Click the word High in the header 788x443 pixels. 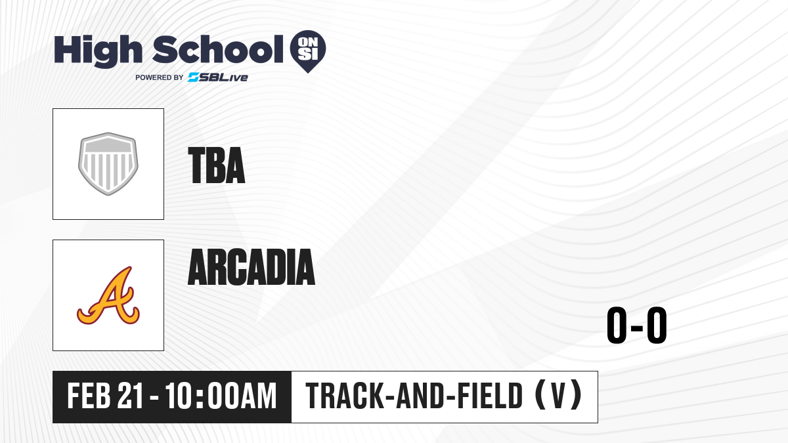click(x=98, y=51)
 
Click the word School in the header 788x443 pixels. click(x=218, y=49)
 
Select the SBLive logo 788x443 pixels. click(x=218, y=77)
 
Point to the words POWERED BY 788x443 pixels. click(x=160, y=77)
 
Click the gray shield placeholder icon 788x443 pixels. click(x=108, y=164)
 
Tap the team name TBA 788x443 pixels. click(x=216, y=165)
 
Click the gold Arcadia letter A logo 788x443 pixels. click(x=108, y=295)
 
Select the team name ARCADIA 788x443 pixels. click(x=252, y=267)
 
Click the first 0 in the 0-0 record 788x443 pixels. click(x=617, y=325)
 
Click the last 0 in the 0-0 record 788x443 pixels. click(x=657, y=325)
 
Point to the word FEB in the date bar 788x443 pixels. click(x=89, y=396)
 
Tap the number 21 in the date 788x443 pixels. click(x=131, y=396)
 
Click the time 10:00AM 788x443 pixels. click(x=221, y=396)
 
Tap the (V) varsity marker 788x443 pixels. click(x=558, y=395)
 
